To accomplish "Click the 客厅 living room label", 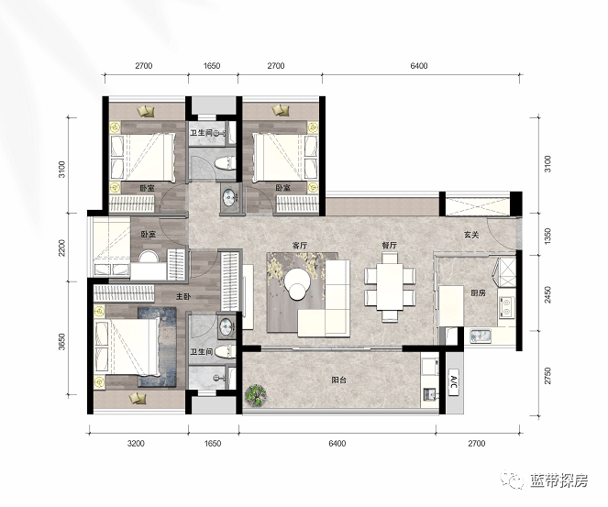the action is (x=300, y=246).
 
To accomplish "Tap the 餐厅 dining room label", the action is (x=390, y=246).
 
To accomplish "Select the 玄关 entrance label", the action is (x=472, y=235).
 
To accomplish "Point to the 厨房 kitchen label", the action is (x=478, y=293).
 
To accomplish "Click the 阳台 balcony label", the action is (x=339, y=380).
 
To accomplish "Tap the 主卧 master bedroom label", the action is (x=183, y=296).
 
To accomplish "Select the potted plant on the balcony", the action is (x=256, y=395).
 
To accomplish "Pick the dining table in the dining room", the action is (x=390, y=286).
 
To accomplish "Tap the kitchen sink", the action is (x=481, y=336).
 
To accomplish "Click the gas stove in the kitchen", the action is (x=506, y=306).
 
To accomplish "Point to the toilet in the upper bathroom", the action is (x=226, y=163).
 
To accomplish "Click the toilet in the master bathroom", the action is (x=226, y=352).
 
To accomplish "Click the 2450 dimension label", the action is (x=547, y=294).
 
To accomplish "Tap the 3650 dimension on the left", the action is (x=62, y=342).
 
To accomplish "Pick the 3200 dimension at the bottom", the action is (x=136, y=444).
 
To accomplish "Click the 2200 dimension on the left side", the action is (x=62, y=248).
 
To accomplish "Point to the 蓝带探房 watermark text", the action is (x=559, y=480).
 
